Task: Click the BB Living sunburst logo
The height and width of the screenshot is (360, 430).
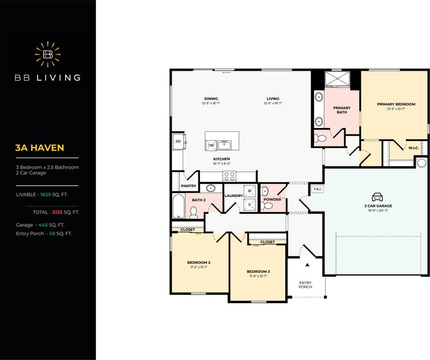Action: [48, 54]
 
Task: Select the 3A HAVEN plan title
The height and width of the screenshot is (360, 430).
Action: [39, 148]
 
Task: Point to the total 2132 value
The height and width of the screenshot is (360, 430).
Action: [58, 212]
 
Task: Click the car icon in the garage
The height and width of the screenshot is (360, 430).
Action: [377, 197]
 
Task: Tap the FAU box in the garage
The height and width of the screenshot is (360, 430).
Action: [317, 189]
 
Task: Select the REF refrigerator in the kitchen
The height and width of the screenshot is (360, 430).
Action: [178, 141]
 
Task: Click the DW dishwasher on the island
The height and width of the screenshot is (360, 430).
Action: [211, 146]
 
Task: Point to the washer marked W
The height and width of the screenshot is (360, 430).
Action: [250, 191]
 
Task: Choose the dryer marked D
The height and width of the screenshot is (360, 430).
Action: [250, 204]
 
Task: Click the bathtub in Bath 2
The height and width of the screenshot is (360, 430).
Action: [179, 206]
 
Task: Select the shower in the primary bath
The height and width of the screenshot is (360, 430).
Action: [337, 79]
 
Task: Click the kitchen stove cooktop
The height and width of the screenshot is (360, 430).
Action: [229, 176]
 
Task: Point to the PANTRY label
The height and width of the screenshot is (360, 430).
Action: [189, 186]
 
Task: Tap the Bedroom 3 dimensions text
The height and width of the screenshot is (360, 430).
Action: [258, 276]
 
